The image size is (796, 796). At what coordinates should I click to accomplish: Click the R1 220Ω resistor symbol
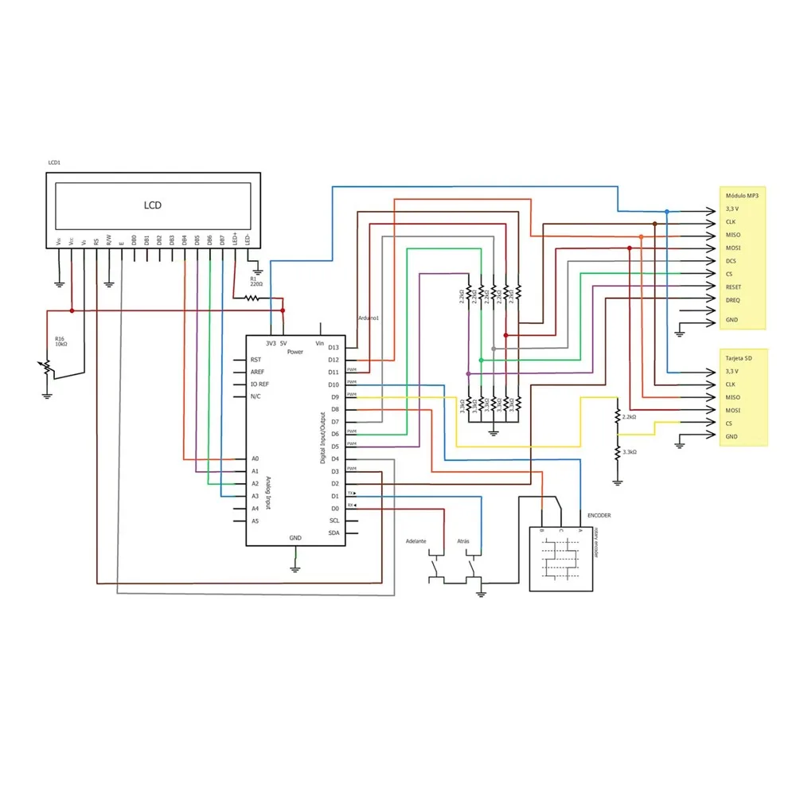coord(252,298)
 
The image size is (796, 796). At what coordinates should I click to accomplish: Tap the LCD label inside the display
coord(152,205)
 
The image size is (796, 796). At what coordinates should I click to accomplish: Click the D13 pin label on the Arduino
coord(334,347)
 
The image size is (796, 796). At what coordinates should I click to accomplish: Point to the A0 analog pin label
coord(255,458)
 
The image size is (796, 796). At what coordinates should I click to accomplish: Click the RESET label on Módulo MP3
coord(734,286)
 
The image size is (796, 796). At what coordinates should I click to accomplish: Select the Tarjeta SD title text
coord(739,357)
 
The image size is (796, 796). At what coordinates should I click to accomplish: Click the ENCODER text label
coord(599,515)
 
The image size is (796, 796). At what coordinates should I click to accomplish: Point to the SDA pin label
coord(334,533)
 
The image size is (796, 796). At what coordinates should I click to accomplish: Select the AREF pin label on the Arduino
coord(257,372)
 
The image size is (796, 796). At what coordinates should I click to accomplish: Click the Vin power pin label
coord(320,343)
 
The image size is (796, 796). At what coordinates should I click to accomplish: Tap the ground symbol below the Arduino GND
coord(295,568)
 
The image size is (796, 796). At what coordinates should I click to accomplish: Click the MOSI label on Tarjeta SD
coord(733,410)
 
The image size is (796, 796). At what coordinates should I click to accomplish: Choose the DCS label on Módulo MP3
coord(731,260)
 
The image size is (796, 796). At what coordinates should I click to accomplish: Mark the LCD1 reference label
coord(54,162)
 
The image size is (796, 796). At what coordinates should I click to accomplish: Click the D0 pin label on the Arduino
coord(335,508)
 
